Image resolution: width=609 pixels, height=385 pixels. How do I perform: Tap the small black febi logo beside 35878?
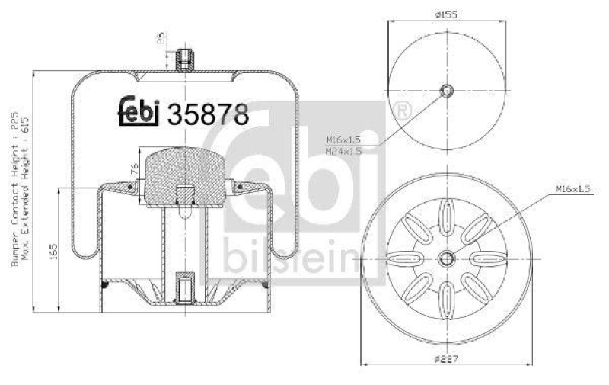[x=137, y=112]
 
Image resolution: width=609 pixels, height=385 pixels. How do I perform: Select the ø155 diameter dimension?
[x=447, y=13]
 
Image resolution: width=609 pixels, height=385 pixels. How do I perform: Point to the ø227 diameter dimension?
[x=447, y=359]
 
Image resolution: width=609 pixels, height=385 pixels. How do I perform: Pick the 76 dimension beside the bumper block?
[x=134, y=168]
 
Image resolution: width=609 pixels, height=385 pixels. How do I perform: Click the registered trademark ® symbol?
[x=404, y=111]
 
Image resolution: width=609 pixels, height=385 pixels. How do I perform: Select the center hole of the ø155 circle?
[x=448, y=91]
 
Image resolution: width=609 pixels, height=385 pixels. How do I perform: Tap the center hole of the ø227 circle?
[x=448, y=258]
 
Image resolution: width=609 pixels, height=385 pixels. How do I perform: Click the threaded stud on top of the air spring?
[x=183, y=59]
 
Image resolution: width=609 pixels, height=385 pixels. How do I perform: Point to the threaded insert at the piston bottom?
[x=183, y=286]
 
